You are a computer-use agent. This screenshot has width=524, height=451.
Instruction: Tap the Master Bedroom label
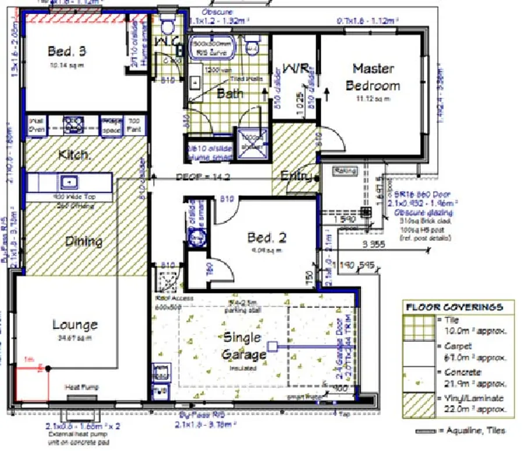[x=373, y=77]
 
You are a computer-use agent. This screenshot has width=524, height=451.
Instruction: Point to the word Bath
[x=230, y=93]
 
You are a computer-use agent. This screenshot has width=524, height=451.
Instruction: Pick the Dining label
[x=84, y=241]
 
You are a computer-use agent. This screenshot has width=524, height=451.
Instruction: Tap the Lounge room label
[x=75, y=325]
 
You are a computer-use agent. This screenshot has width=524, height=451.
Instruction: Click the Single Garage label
[x=242, y=345]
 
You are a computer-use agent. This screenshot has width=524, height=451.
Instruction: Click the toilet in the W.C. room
[x=168, y=25]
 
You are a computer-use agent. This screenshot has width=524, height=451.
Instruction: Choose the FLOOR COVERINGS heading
[x=454, y=307]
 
